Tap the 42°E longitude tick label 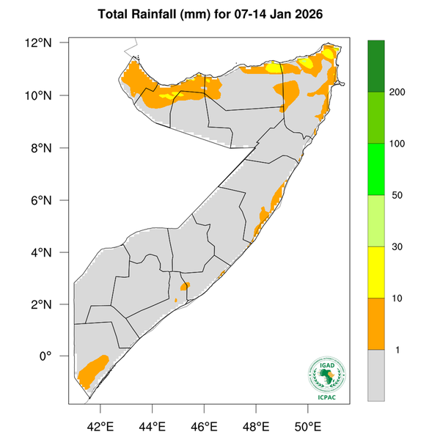100,426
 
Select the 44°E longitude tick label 152,426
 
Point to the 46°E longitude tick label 204,426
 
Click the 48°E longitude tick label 255,426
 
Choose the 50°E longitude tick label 307,426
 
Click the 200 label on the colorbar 399,92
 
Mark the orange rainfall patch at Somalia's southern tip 92,371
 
